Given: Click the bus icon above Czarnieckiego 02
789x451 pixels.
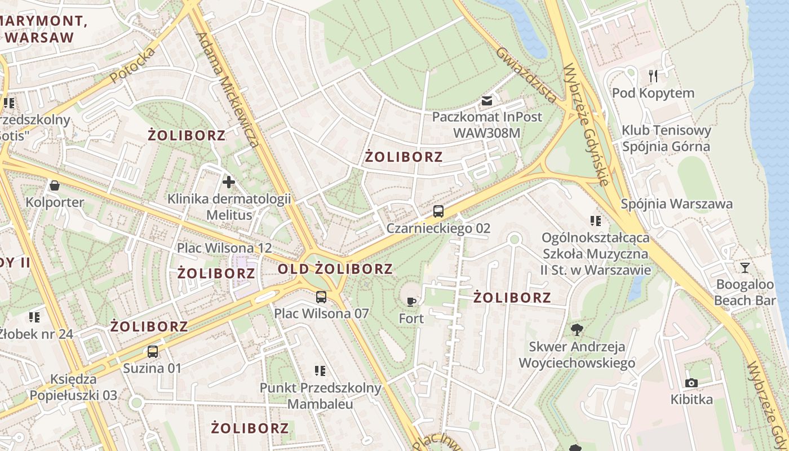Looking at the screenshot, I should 438,212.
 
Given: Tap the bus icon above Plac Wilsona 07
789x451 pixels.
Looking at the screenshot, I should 321,297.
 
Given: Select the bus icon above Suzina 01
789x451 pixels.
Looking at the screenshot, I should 152,352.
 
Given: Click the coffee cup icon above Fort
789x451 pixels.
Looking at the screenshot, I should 411,302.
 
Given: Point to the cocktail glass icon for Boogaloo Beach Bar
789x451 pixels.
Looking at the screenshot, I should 745,268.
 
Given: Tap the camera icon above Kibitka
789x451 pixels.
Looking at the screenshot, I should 692,383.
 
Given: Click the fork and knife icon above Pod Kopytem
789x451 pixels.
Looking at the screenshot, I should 653,76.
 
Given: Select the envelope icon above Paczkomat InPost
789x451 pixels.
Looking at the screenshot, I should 487,101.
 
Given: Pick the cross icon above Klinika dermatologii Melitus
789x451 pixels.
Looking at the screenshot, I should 229,182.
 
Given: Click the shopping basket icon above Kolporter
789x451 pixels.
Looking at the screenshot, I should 55,185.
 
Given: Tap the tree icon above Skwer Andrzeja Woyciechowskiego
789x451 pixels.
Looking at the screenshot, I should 577,329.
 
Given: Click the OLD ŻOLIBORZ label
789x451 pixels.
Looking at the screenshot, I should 335,269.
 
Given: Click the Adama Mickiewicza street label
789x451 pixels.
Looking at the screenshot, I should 228,90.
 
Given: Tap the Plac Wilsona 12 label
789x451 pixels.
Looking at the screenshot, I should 224,248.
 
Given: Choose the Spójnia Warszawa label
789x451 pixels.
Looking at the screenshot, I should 676,204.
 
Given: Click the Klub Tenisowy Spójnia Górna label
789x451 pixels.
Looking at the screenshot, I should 666,139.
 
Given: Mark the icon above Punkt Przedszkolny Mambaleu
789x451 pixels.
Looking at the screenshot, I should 320,371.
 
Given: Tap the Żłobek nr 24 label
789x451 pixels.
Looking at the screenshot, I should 37,334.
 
